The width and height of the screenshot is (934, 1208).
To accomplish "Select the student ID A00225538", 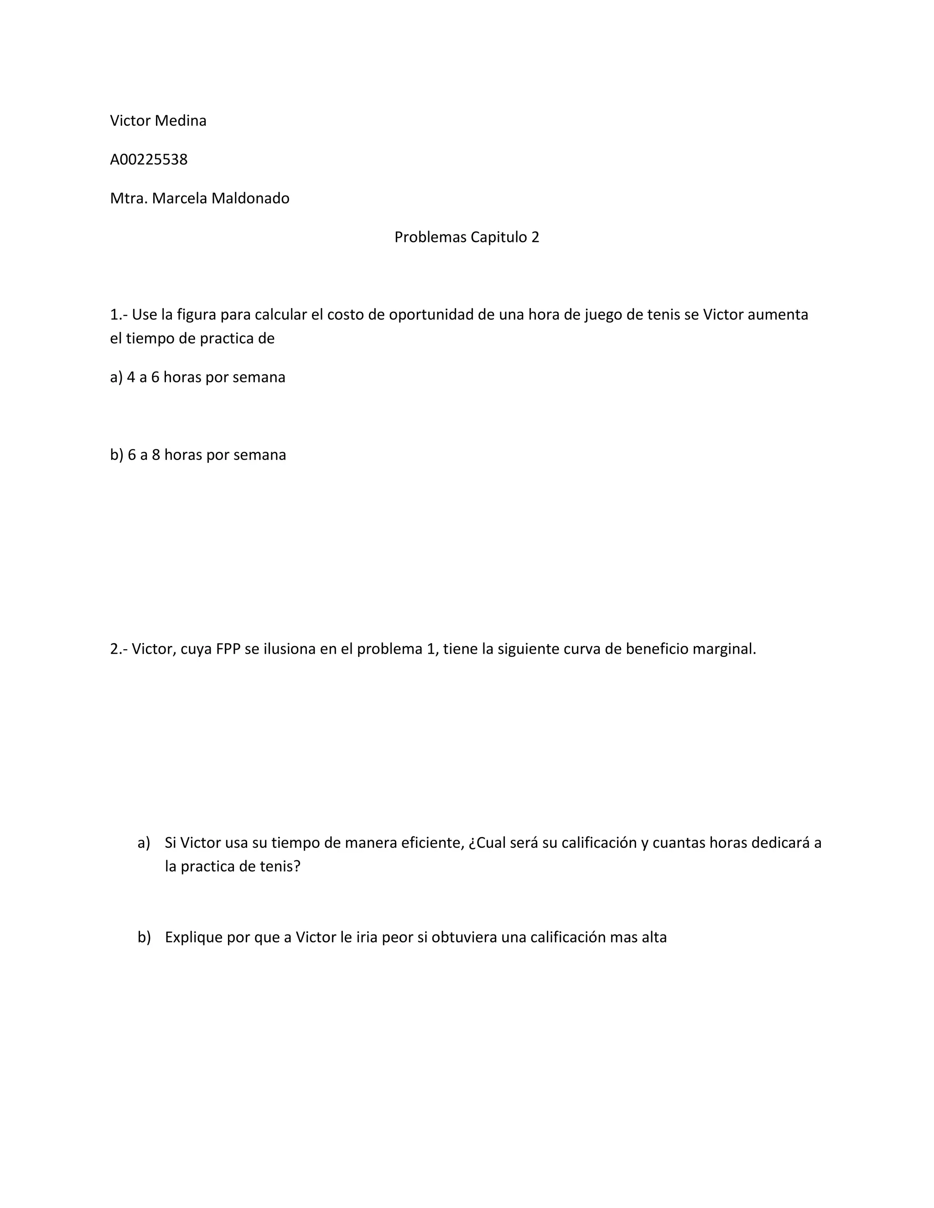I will (149, 159).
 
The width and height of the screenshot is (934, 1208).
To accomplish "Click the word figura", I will (197, 315).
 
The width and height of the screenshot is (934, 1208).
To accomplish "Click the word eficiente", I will (432, 842).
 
